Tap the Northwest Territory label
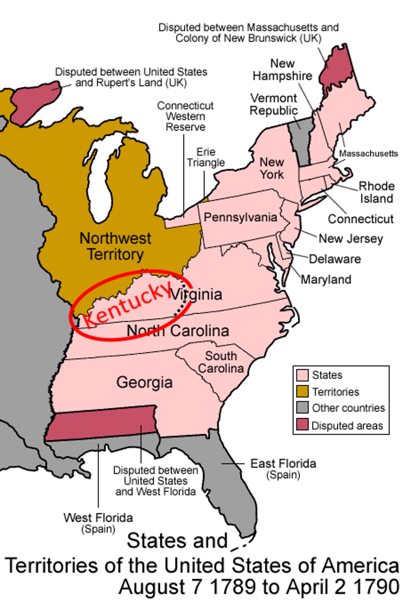click(115, 246)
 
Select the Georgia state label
click(144, 382)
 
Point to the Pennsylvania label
click(240, 218)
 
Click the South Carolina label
click(221, 362)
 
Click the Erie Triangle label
click(206, 157)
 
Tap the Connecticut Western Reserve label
click(185, 116)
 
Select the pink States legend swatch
click(303, 375)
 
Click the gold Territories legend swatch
click(303, 392)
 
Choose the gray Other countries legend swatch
click(303, 408)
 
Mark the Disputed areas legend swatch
click(303, 425)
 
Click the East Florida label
click(283, 464)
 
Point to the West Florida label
click(98, 518)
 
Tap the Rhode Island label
click(377, 192)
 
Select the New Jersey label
click(351, 239)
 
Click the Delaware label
click(334, 259)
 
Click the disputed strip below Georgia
click(101, 423)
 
